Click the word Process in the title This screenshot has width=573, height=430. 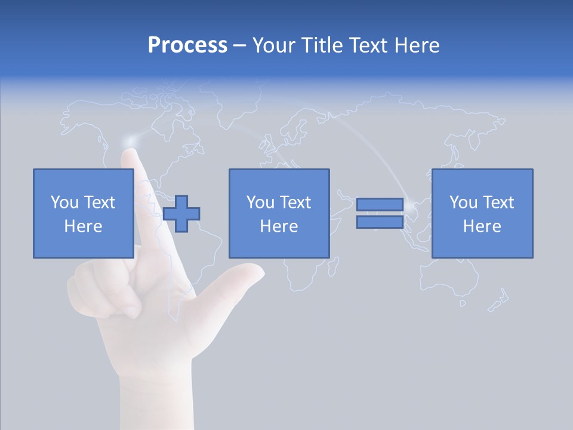[x=187, y=45]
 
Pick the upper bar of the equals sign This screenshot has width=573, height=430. [x=380, y=205]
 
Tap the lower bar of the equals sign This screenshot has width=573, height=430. [x=380, y=222]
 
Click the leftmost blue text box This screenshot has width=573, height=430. [x=84, y=213]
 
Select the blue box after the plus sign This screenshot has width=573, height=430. [x=279, y=213]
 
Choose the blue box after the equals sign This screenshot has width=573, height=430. [x=482, y=213]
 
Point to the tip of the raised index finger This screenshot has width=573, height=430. [x=130, y=154]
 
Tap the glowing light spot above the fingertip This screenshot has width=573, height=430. [x=130, y=140]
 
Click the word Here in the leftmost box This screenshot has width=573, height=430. [x=84, y=226]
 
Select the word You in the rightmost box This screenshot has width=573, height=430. [x=463, y=202]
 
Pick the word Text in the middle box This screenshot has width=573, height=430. [x=295, y=202]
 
